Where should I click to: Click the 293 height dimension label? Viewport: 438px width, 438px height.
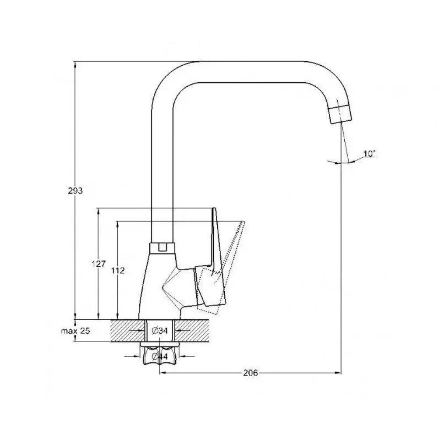75,191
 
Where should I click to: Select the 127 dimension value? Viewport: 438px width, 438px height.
99,264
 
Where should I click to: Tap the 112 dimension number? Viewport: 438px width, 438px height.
118,270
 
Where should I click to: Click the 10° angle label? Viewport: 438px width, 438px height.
370,154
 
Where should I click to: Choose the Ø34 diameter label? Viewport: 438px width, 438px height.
160,331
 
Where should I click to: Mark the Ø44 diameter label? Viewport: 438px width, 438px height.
160,357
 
